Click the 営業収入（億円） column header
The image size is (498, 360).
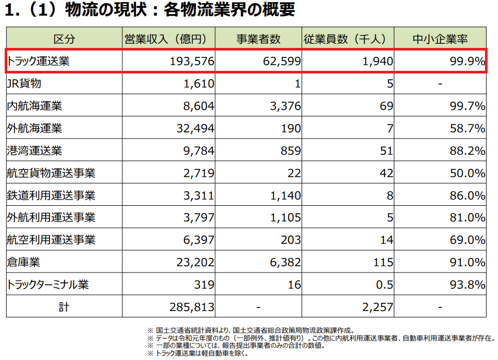[x=169, y=39]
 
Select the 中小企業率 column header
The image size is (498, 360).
[x=440, y=39]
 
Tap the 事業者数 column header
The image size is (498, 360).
[x=258, y=39]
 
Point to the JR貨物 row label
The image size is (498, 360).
[x=24, y=83]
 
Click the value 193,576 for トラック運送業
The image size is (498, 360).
[x=192, y=61]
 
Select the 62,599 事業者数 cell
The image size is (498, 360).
[x=281, y=61]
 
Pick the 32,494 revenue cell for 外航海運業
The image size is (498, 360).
[x=195, y=128]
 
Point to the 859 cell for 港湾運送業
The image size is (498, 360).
[x=290, y=151]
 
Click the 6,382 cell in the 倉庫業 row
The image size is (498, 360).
[x=285, y=262]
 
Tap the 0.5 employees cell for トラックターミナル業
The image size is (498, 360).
[x=384, y=284]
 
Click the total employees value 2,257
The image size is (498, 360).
[x=377, y=307]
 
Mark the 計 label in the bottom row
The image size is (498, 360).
[x=64, y=307]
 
